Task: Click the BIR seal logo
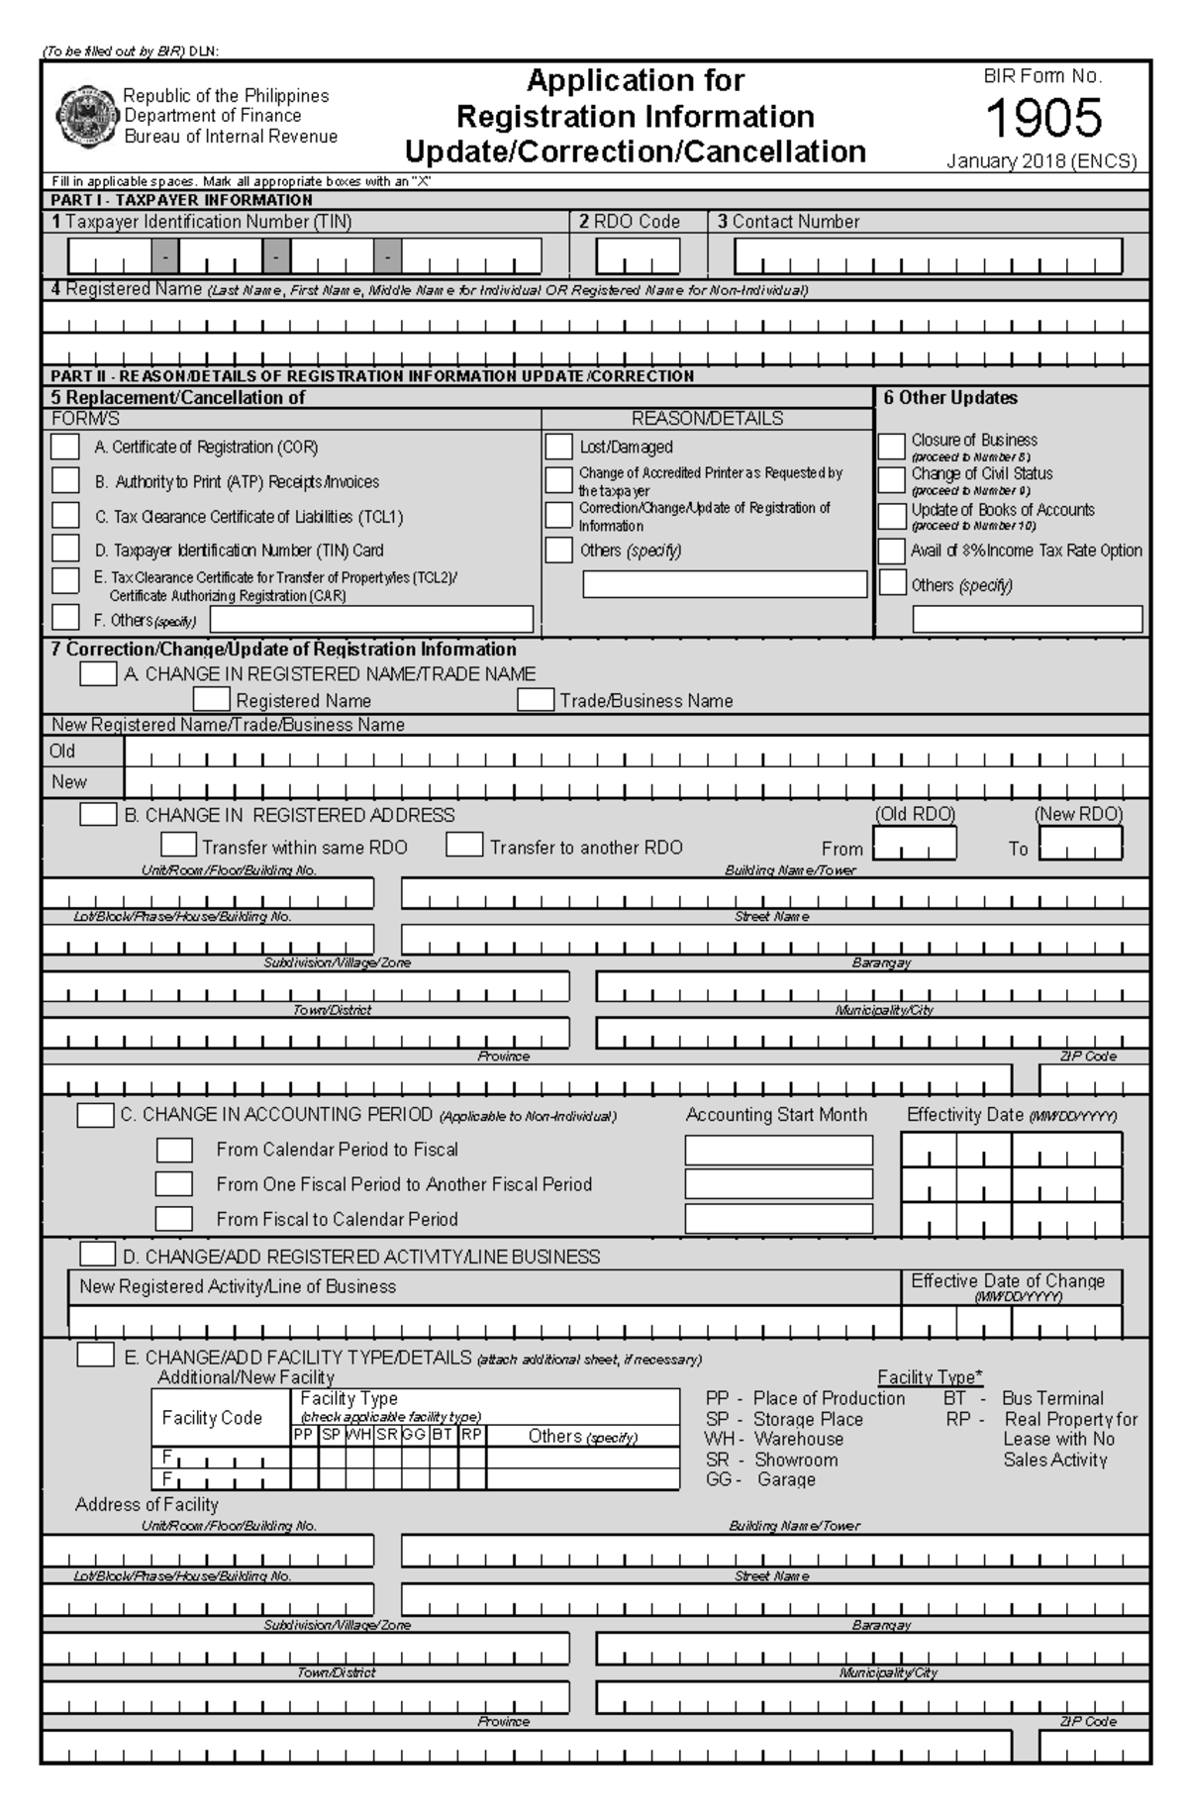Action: [x=86, y=116]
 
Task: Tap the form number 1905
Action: [x=1043, y=119]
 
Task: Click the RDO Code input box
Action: [x=638, y=256]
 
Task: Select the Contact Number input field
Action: [x=928, y=256]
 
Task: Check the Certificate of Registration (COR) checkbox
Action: [x=65, y=447]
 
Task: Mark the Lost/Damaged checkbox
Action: [x=558, y=447]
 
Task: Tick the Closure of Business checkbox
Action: [x=892, y=446]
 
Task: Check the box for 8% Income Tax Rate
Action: [x=892, y=551]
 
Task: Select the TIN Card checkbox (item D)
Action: [x=65, y=549]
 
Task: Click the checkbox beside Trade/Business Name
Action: [x=535, y=700]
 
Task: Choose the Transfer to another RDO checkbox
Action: [x=463, y=846]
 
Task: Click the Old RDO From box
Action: [x=915, y=845]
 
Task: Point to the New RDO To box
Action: [x=1081, y=845]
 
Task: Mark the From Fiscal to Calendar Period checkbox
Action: [x=174, y=1218]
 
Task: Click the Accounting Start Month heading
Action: [x=776, y=1115]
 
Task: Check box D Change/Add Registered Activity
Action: [x=97, y=1255]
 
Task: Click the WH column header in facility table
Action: [x=359, y=1435]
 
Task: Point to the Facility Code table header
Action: [x=212, y=1418]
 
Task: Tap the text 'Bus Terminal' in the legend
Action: [x=1052, y=1398]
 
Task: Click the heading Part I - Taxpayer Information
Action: [x=181, y=200]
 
